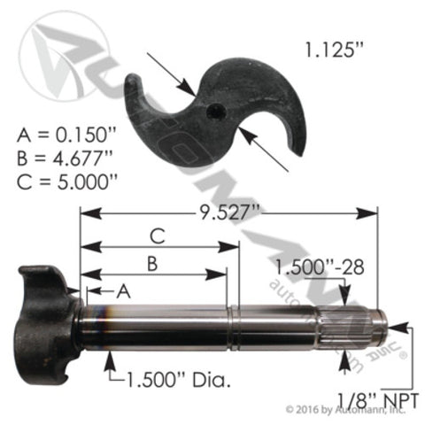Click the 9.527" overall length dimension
(x=231, y=212)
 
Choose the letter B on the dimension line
(x=151, y=263)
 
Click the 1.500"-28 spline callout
(x=315, y=266)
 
